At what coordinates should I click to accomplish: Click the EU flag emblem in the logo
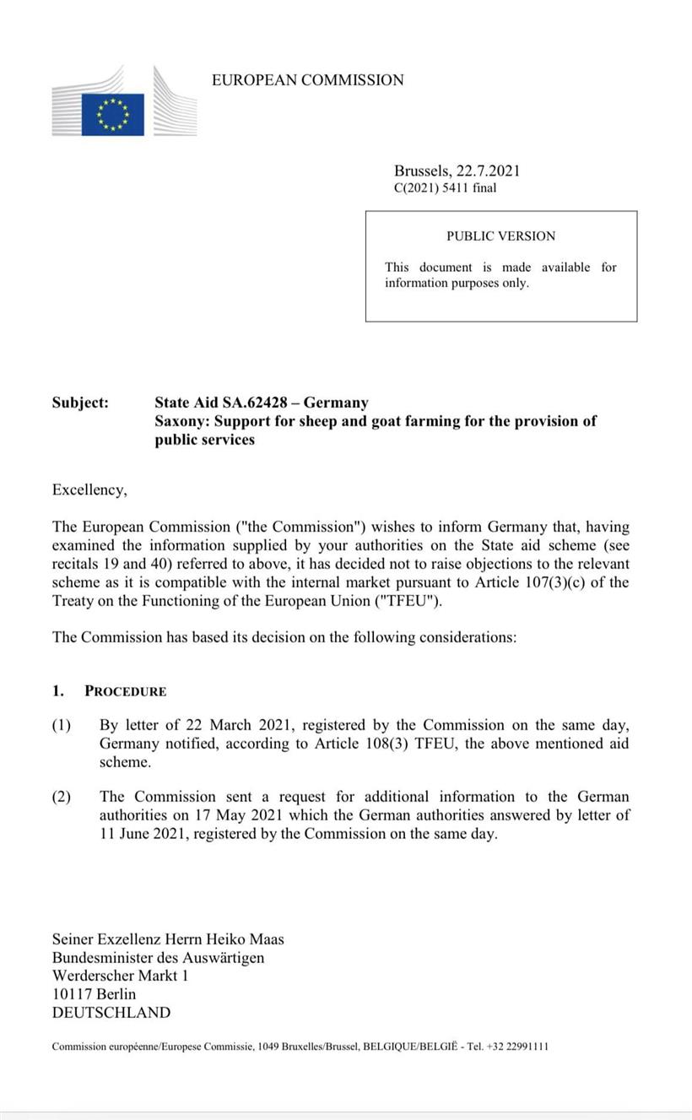112,114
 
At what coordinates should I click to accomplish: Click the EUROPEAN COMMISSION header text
307,80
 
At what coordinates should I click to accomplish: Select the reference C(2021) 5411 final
445,188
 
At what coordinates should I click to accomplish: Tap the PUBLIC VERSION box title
500,236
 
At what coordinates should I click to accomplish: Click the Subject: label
80,403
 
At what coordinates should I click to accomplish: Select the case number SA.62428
257,403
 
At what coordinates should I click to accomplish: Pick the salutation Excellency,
89,490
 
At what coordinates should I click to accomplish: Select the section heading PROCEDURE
125,691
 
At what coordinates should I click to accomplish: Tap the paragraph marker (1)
62,725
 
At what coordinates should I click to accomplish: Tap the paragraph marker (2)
62,797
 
